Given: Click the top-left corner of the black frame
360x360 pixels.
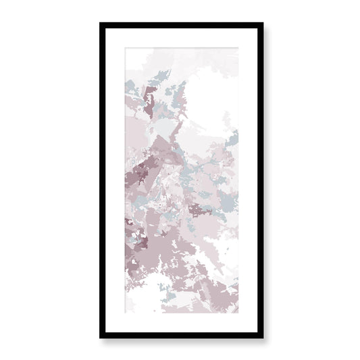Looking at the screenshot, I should coord(101,24).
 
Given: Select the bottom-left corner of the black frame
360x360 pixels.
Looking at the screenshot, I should coord(101,336).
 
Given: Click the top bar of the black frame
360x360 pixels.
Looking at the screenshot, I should coord(180,25).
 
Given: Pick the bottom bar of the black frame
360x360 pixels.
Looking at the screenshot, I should coord(180,335).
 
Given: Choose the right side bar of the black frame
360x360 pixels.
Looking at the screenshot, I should coord(257,180).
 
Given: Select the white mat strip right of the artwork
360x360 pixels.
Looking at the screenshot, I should coord(246,180).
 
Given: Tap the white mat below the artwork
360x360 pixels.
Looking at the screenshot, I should coord(180,323).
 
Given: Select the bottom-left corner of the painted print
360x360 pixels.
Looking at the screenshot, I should coord(123,314).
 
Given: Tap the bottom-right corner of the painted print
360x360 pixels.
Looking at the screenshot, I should coord(238,314).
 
